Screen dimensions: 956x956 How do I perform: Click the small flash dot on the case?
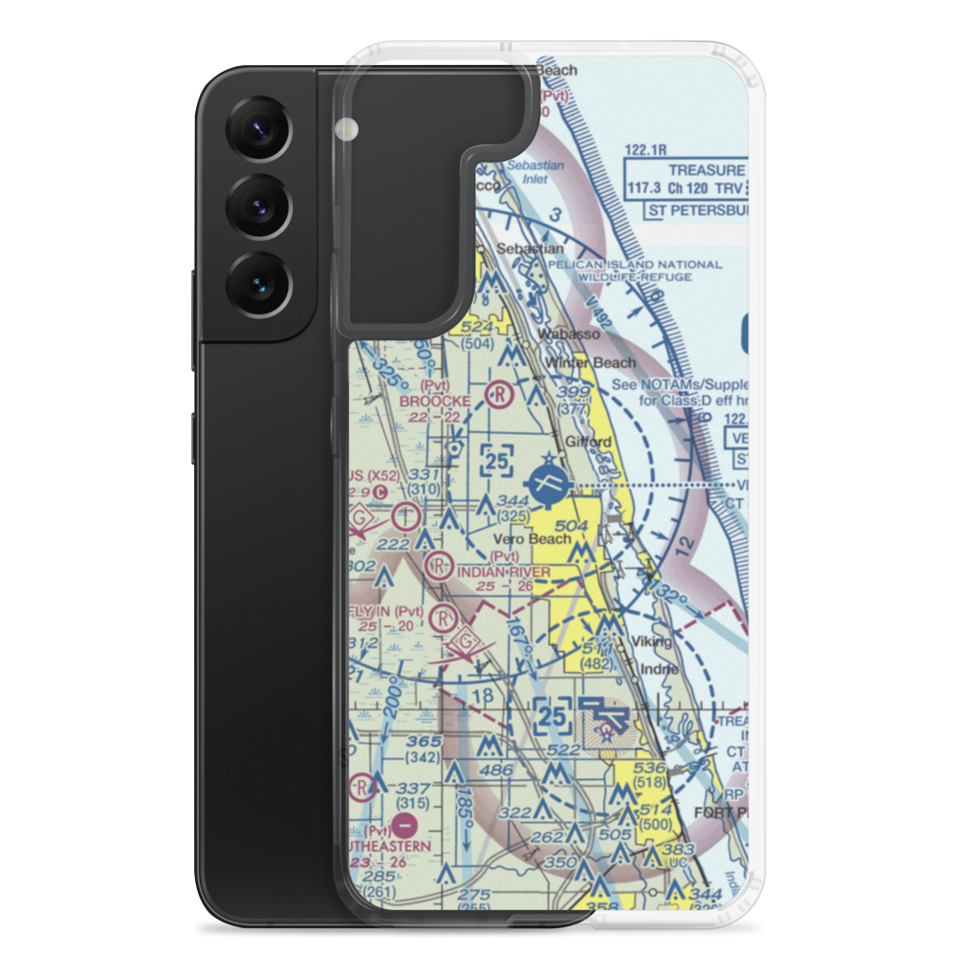(x=345, y=128)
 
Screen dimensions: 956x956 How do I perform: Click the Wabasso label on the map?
(x=570, y=334)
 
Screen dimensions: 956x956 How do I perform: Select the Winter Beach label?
(x=590, y=362)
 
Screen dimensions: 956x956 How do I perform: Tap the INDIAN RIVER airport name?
(x=503, y=572)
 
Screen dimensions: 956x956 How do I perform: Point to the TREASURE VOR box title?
(x=707, y=169)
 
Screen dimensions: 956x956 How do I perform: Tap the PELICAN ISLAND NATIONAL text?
(x=650, y=264)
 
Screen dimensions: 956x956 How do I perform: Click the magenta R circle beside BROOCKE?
(x=499, y=391)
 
